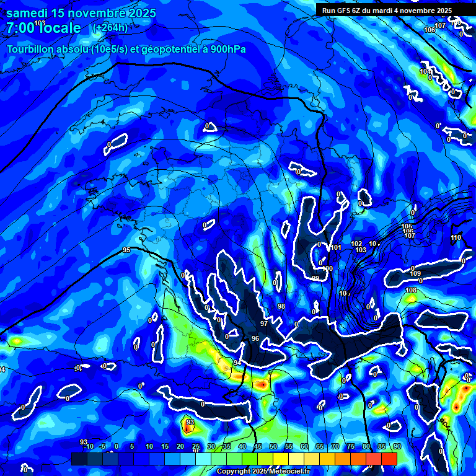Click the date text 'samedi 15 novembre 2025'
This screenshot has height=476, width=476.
point(81,13)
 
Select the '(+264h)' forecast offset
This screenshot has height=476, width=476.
point(110,28)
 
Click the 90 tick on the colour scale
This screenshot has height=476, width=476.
point(397,446)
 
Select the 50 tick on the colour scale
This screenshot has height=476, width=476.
point(273,446)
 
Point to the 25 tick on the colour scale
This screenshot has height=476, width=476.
point(196,446)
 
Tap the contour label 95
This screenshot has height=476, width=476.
point(126,250)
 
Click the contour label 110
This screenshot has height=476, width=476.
point(456,238)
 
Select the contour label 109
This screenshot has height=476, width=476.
point(415,273)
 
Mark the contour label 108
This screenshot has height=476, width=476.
point(411,291)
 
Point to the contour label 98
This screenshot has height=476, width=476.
point(281,307)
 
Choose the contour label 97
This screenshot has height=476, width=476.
point(264,324)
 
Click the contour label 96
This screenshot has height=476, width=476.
point(255,338)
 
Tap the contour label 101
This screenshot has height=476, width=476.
point(336,248)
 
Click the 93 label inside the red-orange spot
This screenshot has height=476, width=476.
point(190,422)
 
